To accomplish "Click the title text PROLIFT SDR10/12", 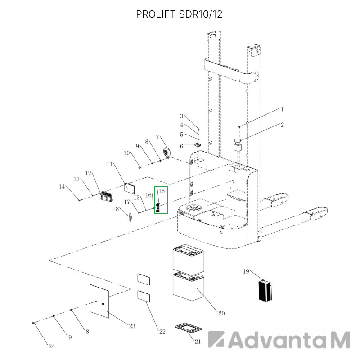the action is tap(179, 14).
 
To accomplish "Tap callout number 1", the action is tap(283, 109).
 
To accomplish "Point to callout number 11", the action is tap(109, 164).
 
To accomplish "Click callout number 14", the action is tap(62, 187).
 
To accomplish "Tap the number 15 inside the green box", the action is tap(162, 191).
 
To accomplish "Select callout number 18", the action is tap(116, 209).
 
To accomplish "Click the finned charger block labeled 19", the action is tap(265, 290).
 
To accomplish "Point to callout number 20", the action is tap(221, 313).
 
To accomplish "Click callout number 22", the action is tap(162, 332).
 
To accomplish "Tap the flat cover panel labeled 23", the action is tap(99, 301).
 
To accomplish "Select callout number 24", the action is tap(52, 346).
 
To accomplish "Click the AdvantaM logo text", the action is tap(279, 340).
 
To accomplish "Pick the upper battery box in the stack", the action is tap(188, 260).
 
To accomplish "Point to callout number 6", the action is tap(182, 146).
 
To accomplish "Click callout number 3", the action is tap(182, 116).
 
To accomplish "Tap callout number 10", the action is tap(127, 153).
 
